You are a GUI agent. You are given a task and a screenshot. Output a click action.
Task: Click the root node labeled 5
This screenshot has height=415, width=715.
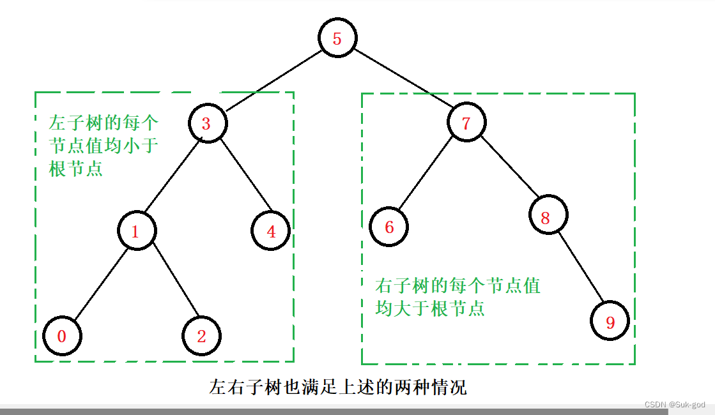point(337,38)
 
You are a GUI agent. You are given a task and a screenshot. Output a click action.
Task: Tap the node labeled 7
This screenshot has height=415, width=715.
point(466,123)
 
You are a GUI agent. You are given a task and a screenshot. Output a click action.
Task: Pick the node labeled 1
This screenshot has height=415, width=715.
point(135,231)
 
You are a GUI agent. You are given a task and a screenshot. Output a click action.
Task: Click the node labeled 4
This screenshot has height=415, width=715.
point(271,231)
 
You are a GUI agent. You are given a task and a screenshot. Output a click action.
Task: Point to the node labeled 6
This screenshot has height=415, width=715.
point(388,227)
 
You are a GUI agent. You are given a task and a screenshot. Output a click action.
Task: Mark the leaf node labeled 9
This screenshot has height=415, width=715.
point(610,322)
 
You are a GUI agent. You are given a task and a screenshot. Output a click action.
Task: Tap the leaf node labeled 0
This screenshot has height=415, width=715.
point(62,336)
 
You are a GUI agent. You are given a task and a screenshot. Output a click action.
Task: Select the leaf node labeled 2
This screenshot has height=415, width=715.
point(201,336)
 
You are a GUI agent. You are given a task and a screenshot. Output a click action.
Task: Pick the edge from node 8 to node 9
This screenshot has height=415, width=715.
point(580,269)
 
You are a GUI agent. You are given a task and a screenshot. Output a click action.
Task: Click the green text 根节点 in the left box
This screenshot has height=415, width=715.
point(75,170)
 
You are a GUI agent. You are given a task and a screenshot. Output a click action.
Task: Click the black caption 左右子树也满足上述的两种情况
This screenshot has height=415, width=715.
point(337,388)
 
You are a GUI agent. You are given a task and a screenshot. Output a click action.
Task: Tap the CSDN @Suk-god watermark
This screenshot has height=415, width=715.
point(674,405)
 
